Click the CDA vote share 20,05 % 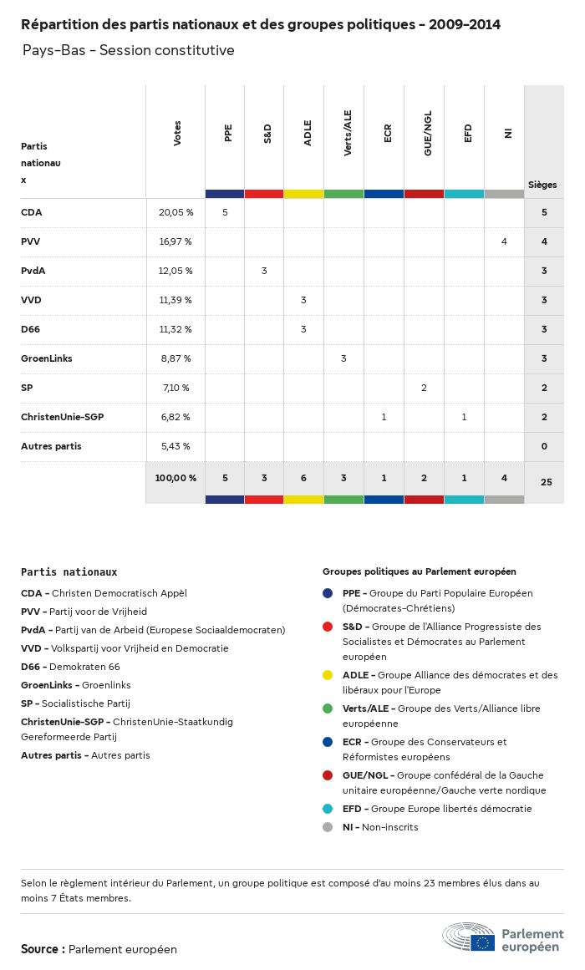coord(175,212)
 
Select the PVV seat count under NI coord(504,241)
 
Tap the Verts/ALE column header coord(348,133)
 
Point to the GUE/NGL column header coord(427,133)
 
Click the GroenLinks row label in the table coord(47,358)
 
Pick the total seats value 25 coord(546,482)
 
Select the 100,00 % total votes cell coord(175,478)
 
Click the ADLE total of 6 coord(303,478)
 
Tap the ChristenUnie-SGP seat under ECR coord(384,417)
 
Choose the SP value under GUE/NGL coord(424,388)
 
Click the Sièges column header coord(542,185)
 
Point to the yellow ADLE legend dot coord(328,675)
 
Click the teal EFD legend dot coord(328,809)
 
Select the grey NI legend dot coord(328,827)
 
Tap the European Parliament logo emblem coord(469,937)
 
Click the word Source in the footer coord(39,949)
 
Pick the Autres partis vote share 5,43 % coord(175,446)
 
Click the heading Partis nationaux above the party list coord(69,572)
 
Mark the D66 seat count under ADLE coord(303,329)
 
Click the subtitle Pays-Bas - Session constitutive coord(128,50)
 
